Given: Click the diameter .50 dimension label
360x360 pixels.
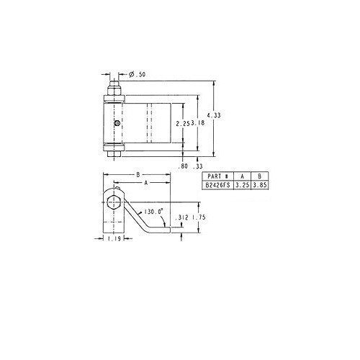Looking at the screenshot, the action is tap(137, 74).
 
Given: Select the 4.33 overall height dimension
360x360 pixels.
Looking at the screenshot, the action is tap(214, 115).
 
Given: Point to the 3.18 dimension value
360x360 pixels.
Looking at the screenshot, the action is tap(198, 123).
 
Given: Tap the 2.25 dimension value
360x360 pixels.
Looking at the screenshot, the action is tap(183, 124).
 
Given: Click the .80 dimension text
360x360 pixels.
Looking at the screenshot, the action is tap(183, 166).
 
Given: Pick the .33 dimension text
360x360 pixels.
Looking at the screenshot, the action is tap(198, 166).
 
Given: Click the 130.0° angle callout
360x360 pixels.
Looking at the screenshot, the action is tap(153, 212).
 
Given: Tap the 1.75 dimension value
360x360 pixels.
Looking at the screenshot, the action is tap(199, 217).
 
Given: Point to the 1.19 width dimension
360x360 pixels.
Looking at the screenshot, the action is tap(114, 239).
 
